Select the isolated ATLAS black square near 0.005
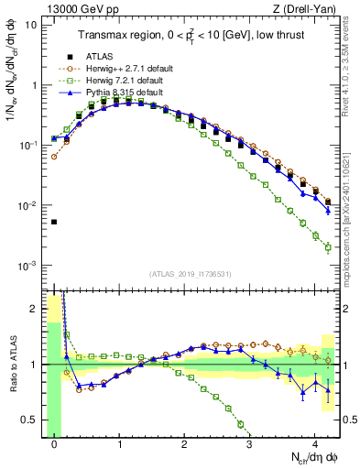(54, 222)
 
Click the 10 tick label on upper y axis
(31, 25)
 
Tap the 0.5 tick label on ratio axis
(29, 420)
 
